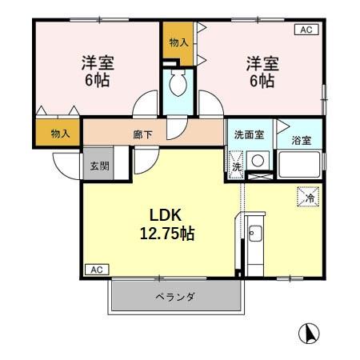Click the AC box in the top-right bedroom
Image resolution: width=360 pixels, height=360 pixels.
pyautogui.click(x=305, y=30)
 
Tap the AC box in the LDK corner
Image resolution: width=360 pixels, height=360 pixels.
pyautogui.click(x=95, y=269)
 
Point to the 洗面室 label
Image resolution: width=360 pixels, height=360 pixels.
pyautogui.click(x=249, y=135)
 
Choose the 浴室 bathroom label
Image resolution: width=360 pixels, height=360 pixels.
pyautogui.click(x=301, y=141)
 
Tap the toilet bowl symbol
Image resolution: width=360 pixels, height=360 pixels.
pyautogui.click(x=178, y=82)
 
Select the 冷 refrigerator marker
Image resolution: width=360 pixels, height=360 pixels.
pyautogui.click(x=308, y=194)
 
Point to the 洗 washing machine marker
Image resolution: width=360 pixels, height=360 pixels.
pyautogui.click(x=237, y=167)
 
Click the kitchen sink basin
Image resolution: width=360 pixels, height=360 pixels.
pyautogui.click(x=255, y=234)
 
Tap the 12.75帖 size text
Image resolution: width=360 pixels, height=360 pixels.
pyautogui.click(x=166, y=234)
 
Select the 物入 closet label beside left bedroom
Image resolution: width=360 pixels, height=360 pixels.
pyautogui.click(x=59, y=134)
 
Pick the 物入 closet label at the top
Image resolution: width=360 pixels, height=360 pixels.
pyautogui.click(x=178, y=42)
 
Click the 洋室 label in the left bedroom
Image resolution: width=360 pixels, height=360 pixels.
pyautogui.click(x=94, y=62)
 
